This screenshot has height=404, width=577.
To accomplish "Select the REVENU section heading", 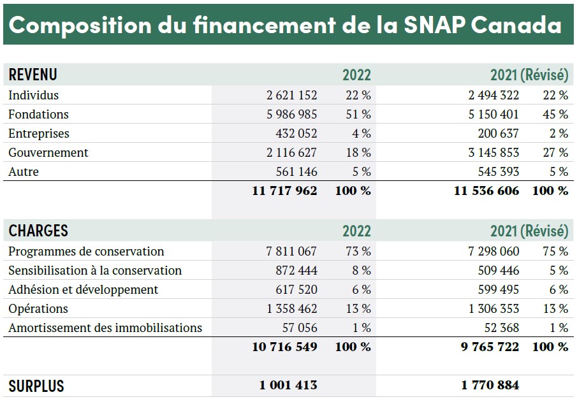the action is click(33, 75).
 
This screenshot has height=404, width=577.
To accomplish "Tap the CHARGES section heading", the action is click(38, 231).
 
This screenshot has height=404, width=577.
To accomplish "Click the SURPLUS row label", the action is click(36, 386).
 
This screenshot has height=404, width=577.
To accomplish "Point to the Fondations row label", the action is click(38, 115).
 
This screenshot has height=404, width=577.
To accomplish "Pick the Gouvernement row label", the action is click(48, 153).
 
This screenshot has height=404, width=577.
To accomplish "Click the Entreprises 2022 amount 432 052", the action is click(296, 134).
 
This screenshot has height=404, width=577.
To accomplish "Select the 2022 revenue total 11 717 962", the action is click(284, 191).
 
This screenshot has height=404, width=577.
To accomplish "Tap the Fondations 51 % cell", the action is click(358, 115).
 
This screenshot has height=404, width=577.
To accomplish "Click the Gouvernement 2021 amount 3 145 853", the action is click(493, 153).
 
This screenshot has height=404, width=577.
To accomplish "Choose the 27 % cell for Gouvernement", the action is click(555, 153).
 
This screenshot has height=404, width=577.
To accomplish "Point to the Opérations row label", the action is click(38, 308).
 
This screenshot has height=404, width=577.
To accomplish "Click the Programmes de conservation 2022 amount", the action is click(291, 251).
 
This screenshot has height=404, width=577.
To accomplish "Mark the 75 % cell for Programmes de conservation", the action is click(555, 251).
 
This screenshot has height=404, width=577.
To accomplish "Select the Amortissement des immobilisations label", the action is click(105, 328).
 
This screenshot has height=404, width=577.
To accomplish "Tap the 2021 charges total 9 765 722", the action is click(490, 347).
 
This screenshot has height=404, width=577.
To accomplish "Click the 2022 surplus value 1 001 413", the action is click(288, 386).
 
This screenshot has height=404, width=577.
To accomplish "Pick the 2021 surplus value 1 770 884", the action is click(490, 386).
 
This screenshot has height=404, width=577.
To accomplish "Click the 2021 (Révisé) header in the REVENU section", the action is click(529, 75).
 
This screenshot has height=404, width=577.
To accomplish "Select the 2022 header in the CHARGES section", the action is click(356, 231).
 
